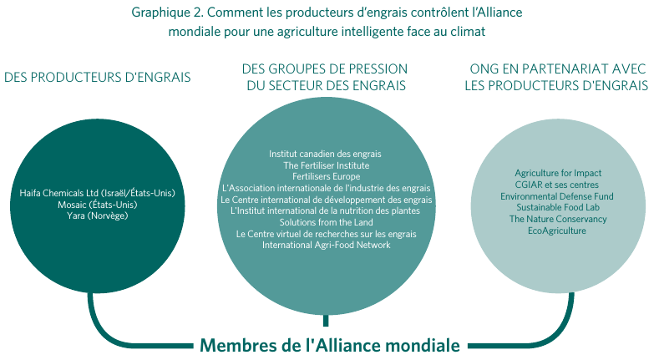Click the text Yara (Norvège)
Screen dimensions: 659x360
click(97, 215)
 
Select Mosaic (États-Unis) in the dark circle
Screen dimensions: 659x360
click(98, 205)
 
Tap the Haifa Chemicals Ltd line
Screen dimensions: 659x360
click(97, 193)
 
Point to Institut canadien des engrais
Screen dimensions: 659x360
click(325, 154)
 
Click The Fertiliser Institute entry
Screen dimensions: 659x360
click(326, 165)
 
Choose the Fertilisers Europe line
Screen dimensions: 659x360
click(326, 176)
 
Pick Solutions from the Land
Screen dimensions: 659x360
click(326, 222)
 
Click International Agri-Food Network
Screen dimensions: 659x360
click(326, 245)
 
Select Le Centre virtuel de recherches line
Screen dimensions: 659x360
click(326, 234)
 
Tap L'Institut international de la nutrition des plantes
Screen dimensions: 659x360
click(325, 210)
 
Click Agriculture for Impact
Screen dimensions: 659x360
click(558, 173)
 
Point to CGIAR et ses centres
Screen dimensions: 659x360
click(557, 185)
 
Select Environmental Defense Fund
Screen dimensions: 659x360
click(557, 196)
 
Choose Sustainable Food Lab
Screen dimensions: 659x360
click(558, 207)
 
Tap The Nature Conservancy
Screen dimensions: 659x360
click(558, 219)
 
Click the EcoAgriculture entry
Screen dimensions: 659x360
click(557, 231)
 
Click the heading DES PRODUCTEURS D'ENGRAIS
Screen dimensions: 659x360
click(98, 78)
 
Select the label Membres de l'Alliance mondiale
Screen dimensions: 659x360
click(330, 345)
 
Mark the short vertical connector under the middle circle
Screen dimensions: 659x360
click(326, 321)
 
